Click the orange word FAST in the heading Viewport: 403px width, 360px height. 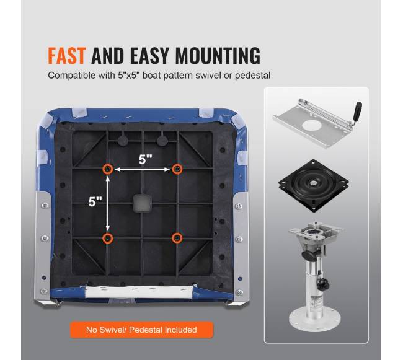pos(66,56)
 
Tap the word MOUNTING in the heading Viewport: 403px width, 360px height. pos(218,56)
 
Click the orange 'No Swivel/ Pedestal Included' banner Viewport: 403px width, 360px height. pos(141,330)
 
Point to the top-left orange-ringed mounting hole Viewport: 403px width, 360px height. pos(108,169)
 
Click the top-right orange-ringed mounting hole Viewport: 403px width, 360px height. pos(177,169)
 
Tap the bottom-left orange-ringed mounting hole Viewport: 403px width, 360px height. pos(108,239)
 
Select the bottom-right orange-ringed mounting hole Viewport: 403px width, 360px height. pos(177,238)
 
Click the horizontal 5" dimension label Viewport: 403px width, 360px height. pos(146,159)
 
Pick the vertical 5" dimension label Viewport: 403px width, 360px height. pos(95,201)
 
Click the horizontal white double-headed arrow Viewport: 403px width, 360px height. pos(143,170)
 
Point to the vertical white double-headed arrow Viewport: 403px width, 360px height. pos(108,204)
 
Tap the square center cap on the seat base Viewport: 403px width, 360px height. pos(141,203)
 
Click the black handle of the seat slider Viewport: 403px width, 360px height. pos(356,112)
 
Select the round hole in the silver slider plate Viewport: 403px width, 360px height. pos(312,126)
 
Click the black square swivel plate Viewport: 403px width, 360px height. pos(314,185)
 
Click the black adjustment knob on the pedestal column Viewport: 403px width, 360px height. pos(323,284)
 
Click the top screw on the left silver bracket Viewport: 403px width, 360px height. pos(45,206)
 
